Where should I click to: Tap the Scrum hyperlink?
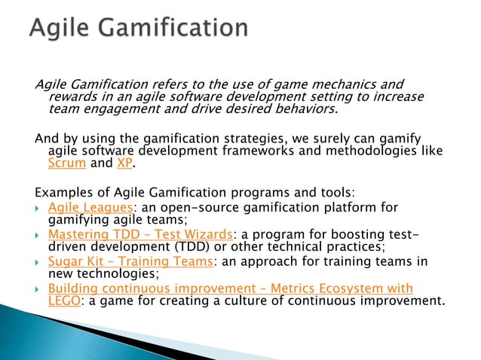(64, 163)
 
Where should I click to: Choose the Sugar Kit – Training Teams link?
(129, 261)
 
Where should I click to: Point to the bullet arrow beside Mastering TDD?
(38, 235)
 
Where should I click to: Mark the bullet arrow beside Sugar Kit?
(38, 262)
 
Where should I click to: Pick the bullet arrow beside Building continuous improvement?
(38, 289)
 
